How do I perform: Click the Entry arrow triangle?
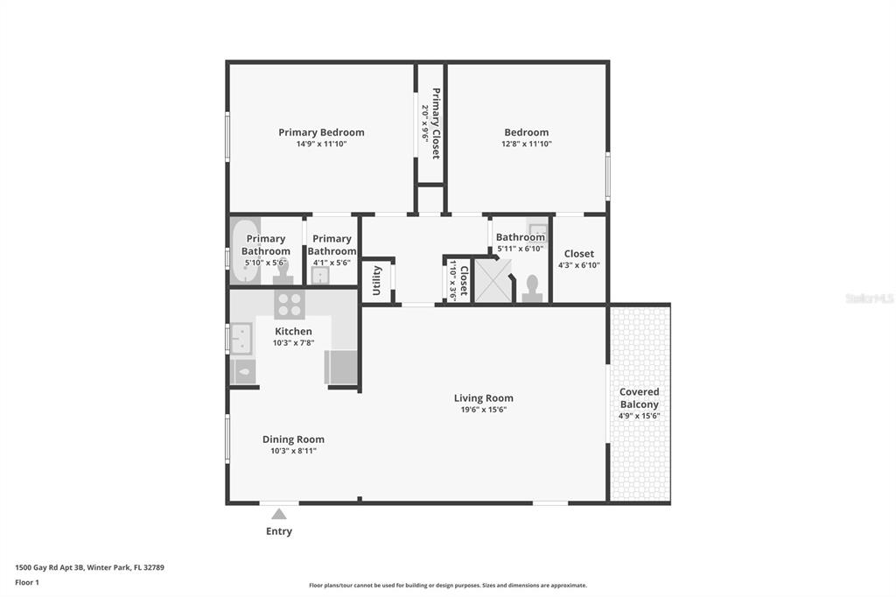coord(278,514)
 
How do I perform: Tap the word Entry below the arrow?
coord(278,531)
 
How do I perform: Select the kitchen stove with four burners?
coord(290,305)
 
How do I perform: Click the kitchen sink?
coord(241,338)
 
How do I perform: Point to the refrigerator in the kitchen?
coord(341,367)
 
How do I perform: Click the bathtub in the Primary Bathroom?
coord(245,251)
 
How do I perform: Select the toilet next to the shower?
coord(531,289)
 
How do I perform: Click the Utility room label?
coord(376,280)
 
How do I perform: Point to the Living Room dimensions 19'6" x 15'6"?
coord(483,410)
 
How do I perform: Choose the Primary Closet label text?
coord(435,123)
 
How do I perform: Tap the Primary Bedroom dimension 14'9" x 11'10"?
coord(321,144)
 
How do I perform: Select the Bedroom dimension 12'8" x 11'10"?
coord(526,144)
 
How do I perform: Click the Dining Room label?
coord(293,439)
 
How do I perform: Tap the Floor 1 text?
coord(27,582)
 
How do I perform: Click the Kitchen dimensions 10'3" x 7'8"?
coord(293,343)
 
